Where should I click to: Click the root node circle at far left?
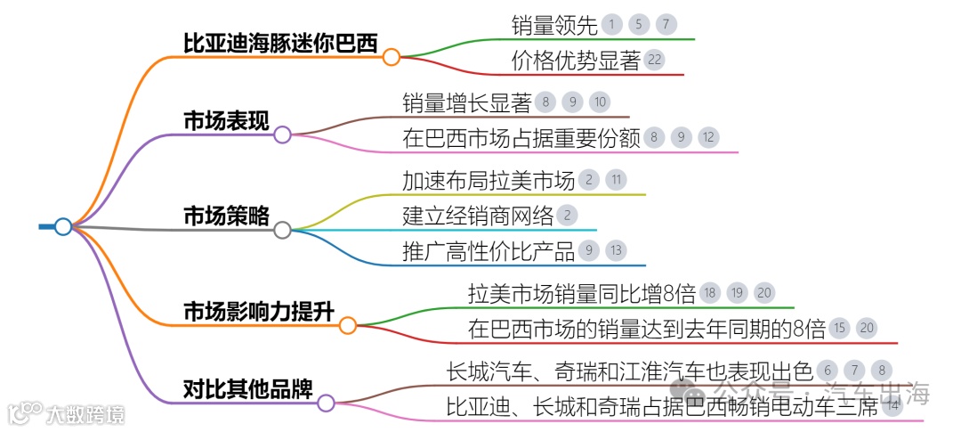63,226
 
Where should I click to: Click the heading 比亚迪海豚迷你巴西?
280,43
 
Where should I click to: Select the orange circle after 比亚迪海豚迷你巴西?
392,57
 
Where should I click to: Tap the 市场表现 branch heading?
226,121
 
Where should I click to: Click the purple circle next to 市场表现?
282,134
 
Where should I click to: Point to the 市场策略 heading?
226,216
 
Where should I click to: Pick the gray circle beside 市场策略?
282,230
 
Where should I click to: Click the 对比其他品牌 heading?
247,388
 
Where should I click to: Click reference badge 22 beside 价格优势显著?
654,60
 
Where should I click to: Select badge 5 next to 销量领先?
639,25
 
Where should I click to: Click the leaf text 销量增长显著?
466,102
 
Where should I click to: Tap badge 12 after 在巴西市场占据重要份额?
707,137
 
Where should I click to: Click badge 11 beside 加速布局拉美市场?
616,180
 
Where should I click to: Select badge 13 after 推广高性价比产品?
616,250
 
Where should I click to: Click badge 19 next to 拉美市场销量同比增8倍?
737,293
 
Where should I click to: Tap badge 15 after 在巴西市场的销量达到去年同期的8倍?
839,328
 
